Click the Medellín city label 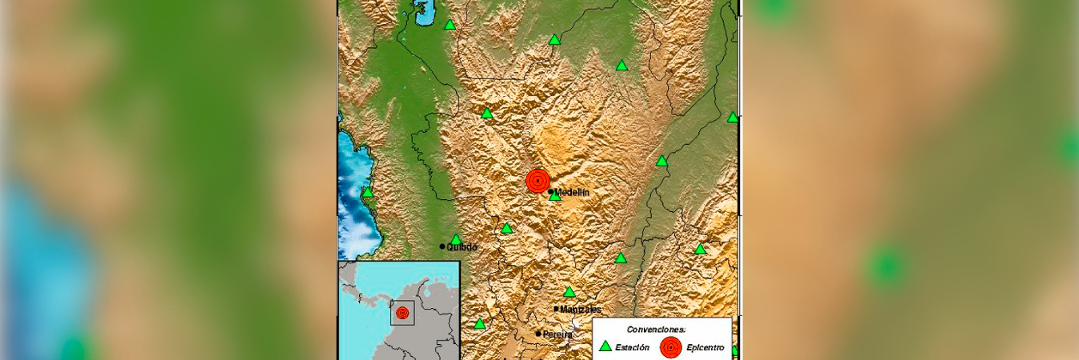click(573, 193)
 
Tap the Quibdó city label click(462, 248)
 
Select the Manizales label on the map click(581, 310)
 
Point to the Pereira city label click(558, 334)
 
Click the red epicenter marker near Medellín click(538, 181)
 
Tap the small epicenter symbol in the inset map click(402, 313)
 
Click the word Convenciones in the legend click(656, 329)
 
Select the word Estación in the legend click(632, 347)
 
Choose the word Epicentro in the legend click(705, 347)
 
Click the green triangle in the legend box click(605, 346)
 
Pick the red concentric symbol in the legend click(671, 347)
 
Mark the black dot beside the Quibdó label click(442, 246)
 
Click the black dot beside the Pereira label click(539, 334)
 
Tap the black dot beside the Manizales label click(556, 309)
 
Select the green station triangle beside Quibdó click(456, 239)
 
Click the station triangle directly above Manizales click(569, 292)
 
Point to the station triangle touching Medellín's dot click(555, 195)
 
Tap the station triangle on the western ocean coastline click(367, 192)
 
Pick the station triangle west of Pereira click(479, 324)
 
